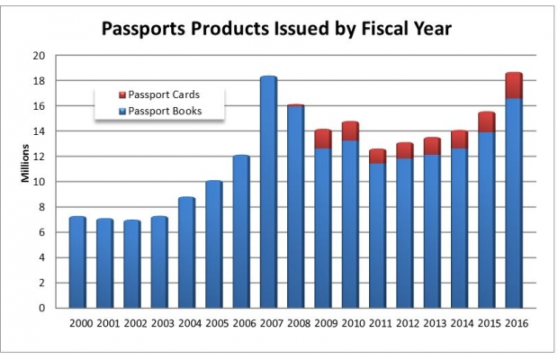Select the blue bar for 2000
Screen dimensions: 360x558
(77, 262)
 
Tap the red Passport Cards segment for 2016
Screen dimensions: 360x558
(514, 85)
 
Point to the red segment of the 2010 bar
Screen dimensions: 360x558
(350, 131)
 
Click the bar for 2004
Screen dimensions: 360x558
(186, 252)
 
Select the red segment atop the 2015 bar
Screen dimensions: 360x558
(486, 121)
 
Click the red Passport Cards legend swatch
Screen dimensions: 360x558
(121, 94)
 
